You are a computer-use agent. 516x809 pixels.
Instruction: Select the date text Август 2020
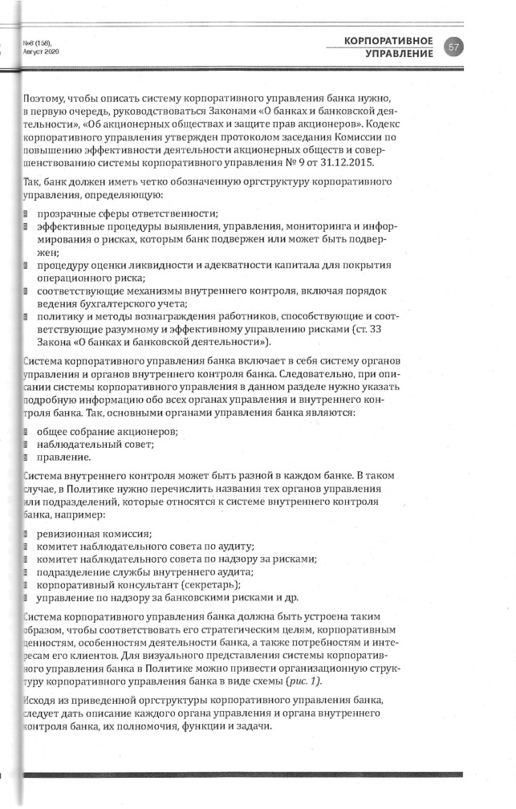click(x=43, y=51)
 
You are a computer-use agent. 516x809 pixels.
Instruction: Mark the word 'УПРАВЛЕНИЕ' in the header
click(x=399, y=54)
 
